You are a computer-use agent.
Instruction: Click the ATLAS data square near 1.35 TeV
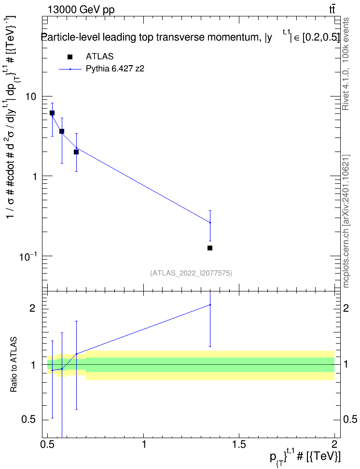tap(210, 248)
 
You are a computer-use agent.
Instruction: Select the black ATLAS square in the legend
tap(70, 57)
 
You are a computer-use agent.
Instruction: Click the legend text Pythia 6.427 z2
tap(115, 69)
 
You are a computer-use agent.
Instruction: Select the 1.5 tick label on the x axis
tap(239, 443)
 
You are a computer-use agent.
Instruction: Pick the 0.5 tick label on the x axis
tap(48, 443)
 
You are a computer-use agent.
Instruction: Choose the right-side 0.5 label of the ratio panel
tap(350, 419)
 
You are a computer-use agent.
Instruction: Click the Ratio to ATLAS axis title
tap(14, 365)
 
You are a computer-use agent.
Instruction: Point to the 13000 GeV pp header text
tap(81, 10)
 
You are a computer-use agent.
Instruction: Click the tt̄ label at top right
tap(332, 9)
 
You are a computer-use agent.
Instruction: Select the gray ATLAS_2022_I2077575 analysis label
tap(191, 273)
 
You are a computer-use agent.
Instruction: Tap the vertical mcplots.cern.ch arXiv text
tap(346, 221)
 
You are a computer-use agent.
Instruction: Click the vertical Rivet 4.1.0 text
tap(346, 64)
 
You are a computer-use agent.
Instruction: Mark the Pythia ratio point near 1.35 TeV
tap(210, 305)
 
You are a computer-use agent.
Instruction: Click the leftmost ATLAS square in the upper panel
tap(52, 113)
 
